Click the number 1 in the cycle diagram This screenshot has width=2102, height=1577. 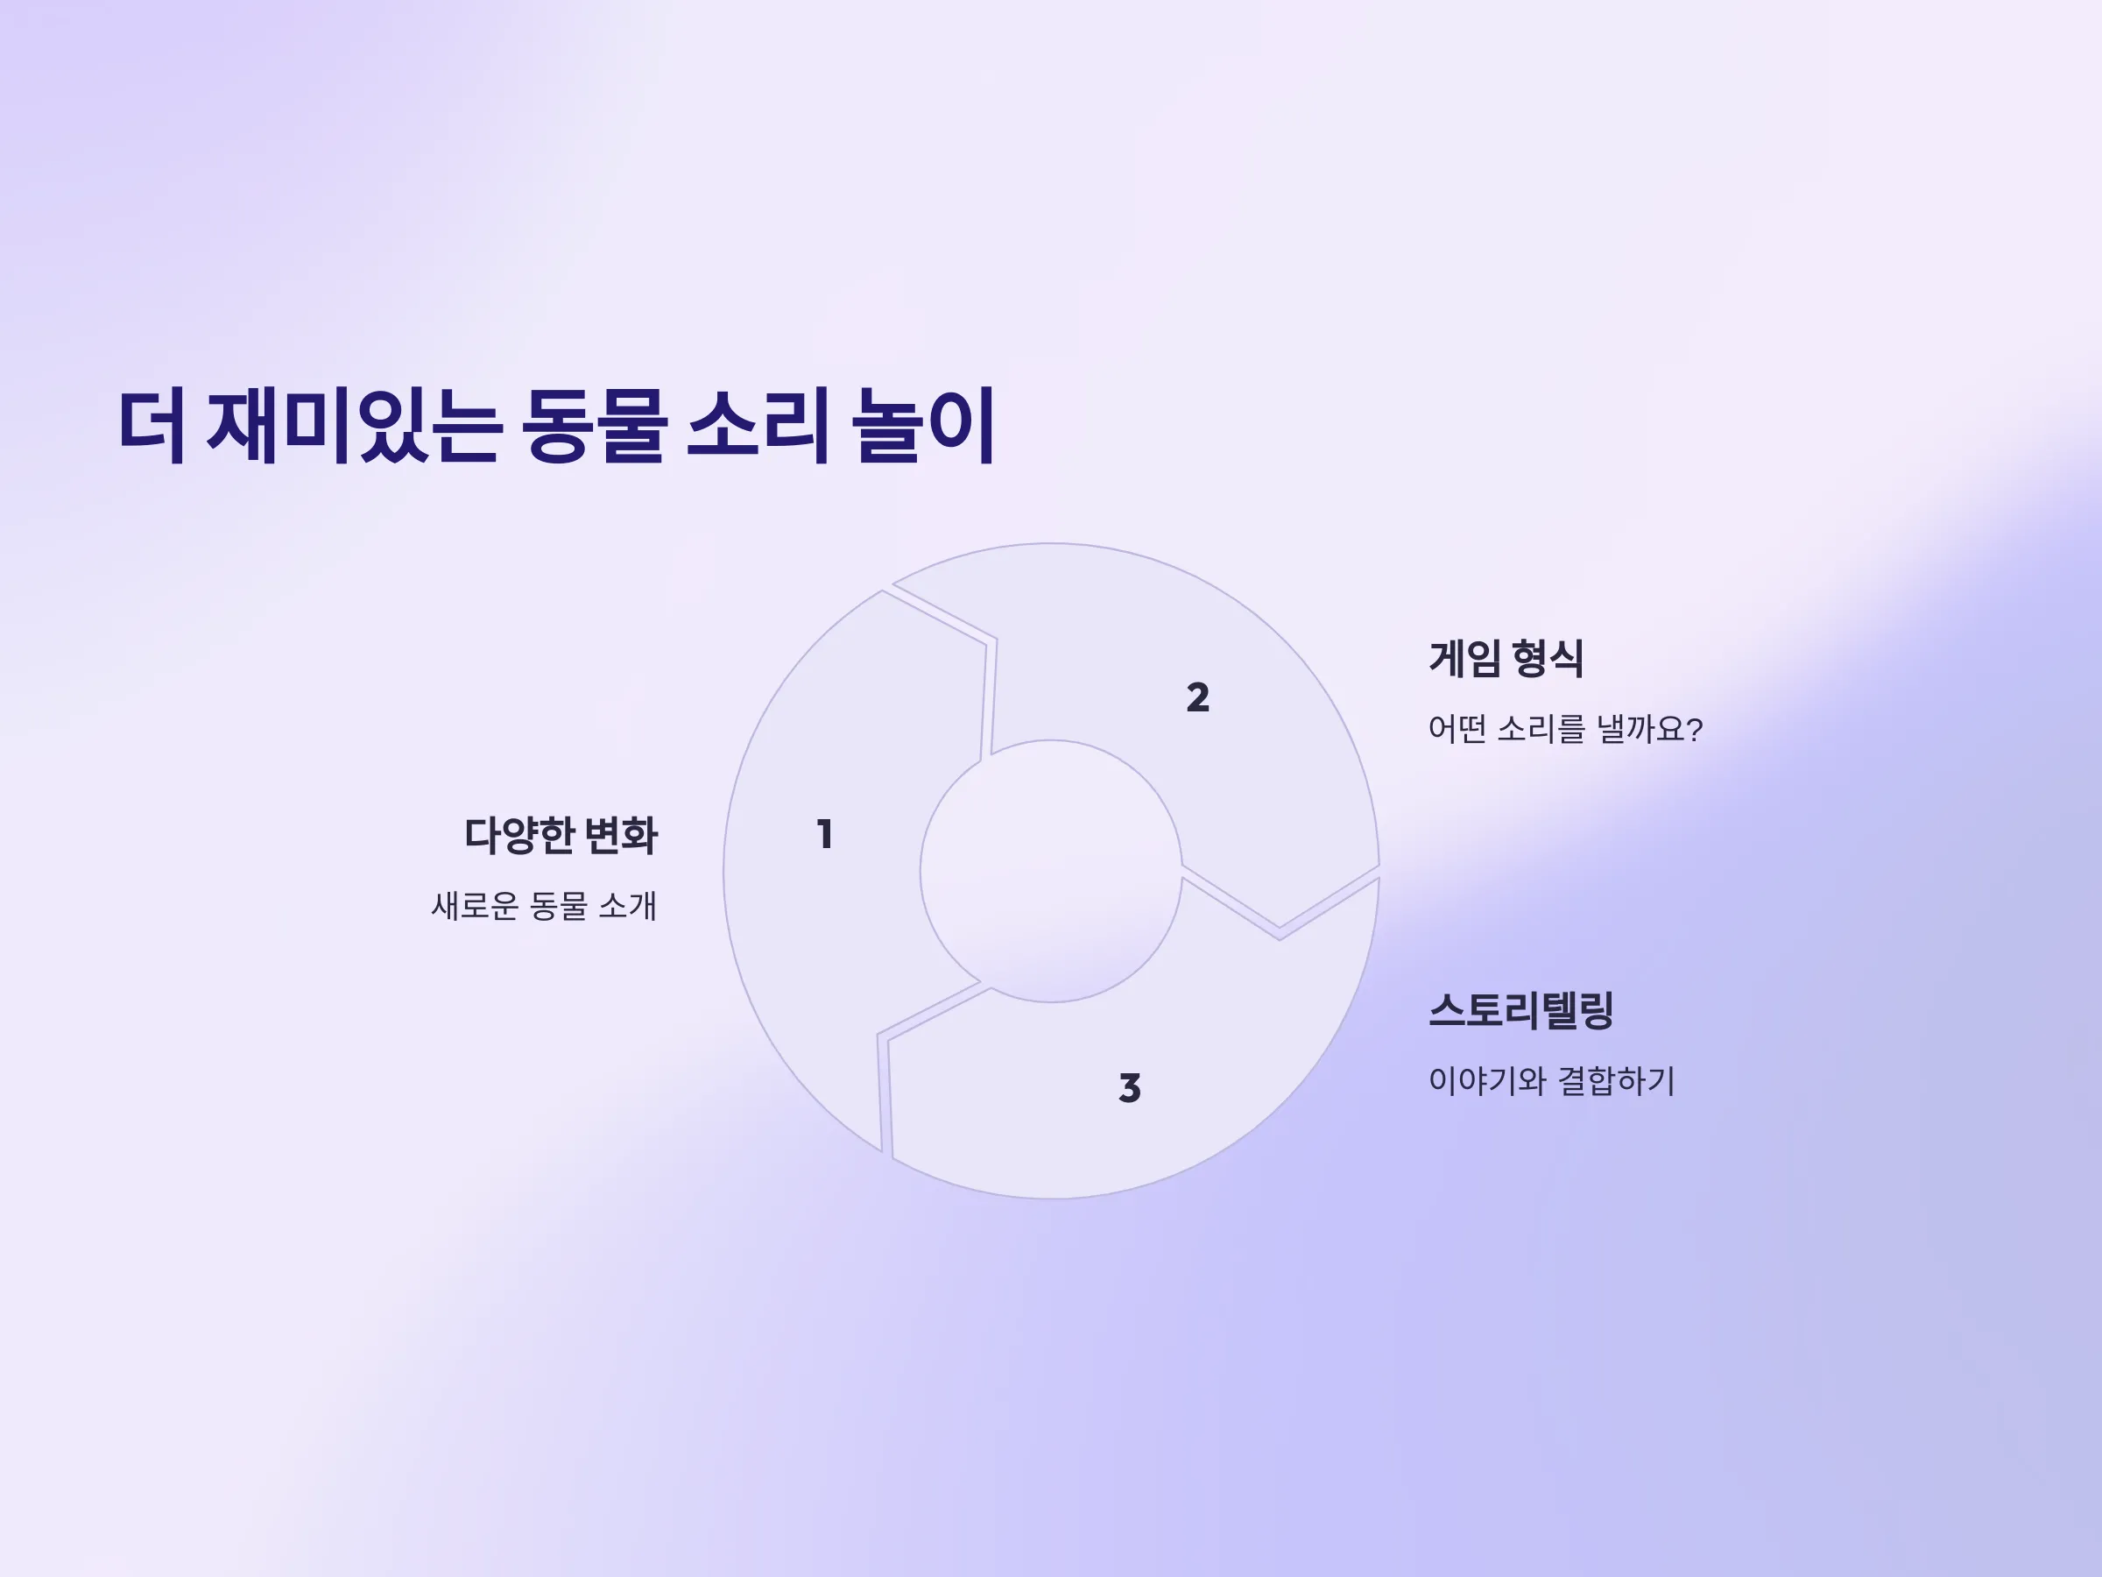[825, 835]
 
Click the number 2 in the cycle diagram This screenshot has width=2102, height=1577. [1197, 697]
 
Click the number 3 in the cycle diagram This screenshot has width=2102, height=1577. [1129, 1087]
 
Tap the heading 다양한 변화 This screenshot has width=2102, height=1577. [561, 836]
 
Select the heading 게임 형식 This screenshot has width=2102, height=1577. [1506, 659]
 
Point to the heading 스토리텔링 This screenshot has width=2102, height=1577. [1520, 1009]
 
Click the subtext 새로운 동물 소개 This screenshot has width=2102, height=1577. [544, 906]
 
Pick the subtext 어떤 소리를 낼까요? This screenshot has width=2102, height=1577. [1565, 729]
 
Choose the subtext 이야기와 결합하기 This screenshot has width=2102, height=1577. [1552, 1081]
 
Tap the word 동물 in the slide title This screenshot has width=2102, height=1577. [593, 425]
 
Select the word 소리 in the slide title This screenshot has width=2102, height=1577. [758, 425]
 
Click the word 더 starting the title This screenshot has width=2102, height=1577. [152, 425]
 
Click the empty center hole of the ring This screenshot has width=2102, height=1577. [1051, 871]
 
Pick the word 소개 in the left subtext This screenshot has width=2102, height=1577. [627, 906]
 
